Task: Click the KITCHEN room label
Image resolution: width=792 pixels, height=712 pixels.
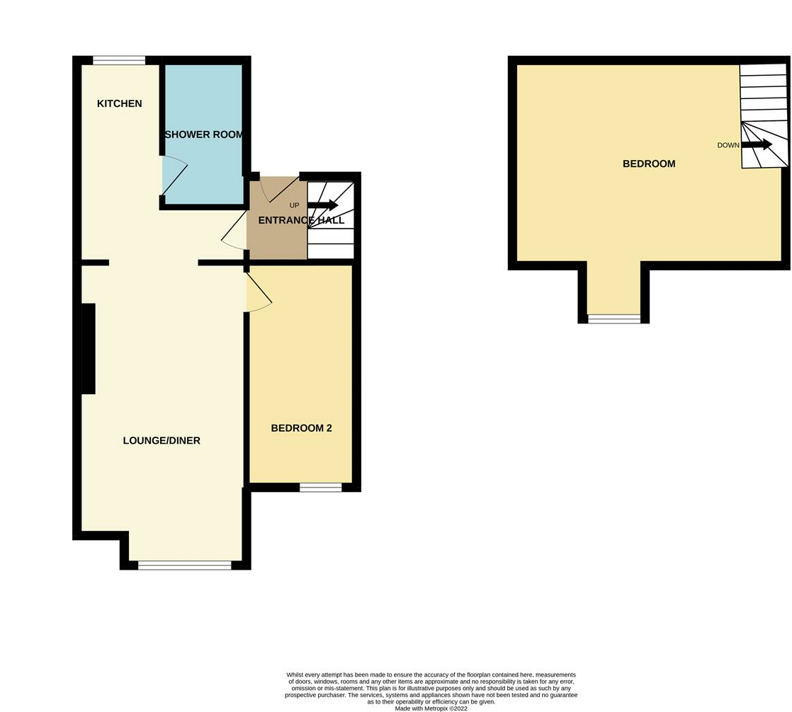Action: [119, 104]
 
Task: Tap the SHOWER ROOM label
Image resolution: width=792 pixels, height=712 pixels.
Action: [203, 134]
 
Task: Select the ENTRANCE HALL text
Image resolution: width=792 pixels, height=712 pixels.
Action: [301, 220]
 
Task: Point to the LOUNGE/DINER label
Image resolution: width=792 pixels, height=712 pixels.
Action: [162, 440]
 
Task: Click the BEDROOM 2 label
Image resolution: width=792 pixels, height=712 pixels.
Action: [301, 428]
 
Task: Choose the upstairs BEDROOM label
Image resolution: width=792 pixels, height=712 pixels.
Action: [648, 163]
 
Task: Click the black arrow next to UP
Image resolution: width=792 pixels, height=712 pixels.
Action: [323, 205]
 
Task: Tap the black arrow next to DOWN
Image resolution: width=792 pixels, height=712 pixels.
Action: [757, 144]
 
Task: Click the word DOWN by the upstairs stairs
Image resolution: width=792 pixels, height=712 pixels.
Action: [728, 145]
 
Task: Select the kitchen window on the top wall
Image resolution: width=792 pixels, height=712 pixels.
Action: [119, 61]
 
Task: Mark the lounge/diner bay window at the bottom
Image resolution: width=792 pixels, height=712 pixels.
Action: [185, 565]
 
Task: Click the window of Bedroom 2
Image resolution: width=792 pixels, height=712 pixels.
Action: [320, 487]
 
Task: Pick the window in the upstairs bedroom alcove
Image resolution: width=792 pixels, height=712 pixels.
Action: [614, 319]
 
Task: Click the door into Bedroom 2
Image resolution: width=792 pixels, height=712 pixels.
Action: [258, 293]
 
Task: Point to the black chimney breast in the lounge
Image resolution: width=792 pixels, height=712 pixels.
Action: [88, 348]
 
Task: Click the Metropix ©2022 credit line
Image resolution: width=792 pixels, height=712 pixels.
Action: [431, 708]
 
